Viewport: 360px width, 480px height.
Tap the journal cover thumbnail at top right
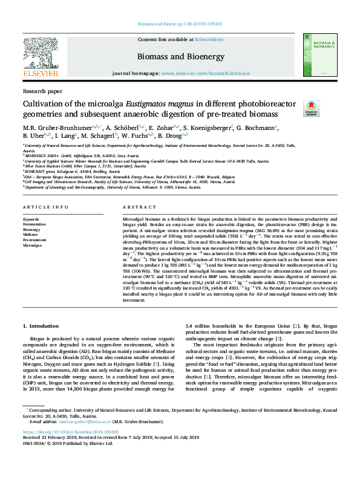[315, 55]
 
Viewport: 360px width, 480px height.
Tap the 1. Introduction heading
[41, 326]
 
